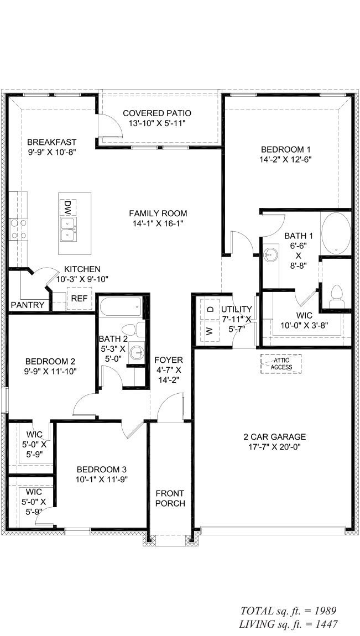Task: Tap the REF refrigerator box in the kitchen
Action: (76, 299)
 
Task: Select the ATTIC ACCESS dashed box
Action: (282, 363)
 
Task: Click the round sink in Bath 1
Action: (270, 254)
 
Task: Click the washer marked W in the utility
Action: (210, 331)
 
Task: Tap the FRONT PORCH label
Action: (170, 498)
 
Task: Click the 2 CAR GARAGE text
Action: (274, 437)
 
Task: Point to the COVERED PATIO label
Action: (157, 113)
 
